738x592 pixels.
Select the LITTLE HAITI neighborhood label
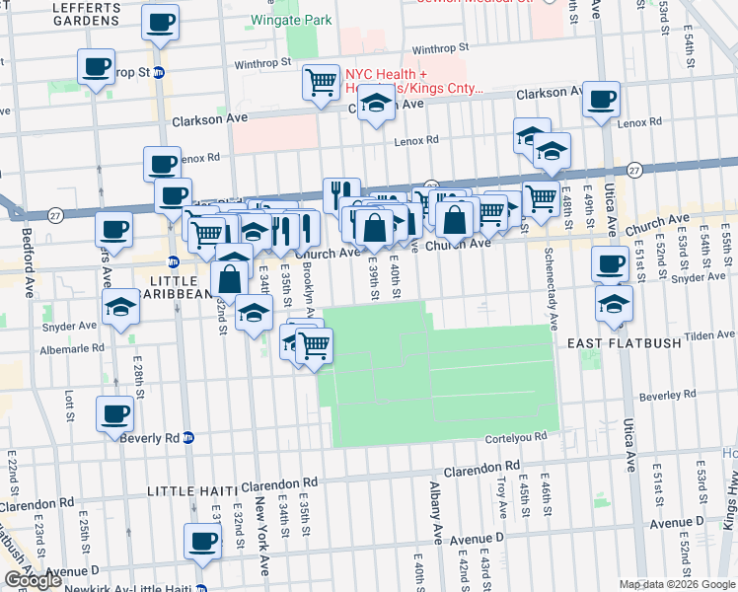point(192,491)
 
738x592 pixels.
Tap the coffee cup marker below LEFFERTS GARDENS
point(160,21)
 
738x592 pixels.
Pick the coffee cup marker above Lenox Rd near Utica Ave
point(601,99)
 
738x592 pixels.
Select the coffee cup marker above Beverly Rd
point(114,412)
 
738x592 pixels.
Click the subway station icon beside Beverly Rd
point(188,438)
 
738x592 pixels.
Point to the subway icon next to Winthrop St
point(158,72)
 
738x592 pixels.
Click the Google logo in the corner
point(33,580)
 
